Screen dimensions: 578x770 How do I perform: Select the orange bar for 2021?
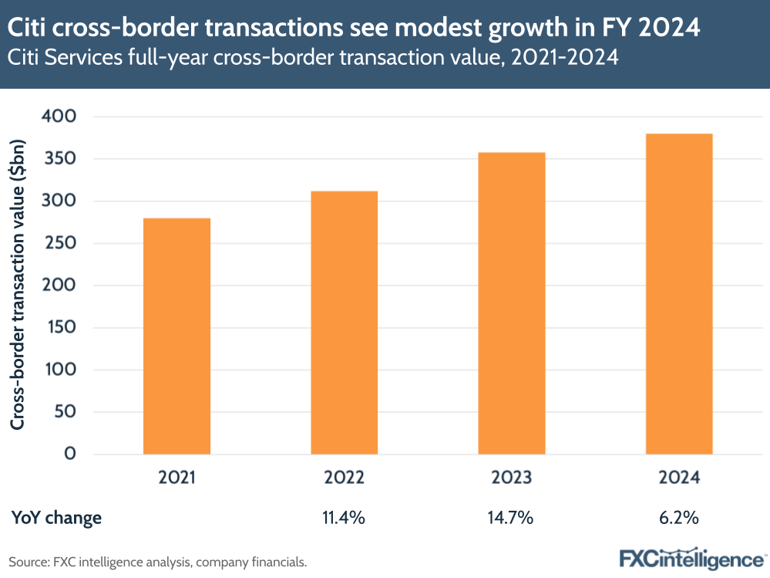coord(177,336)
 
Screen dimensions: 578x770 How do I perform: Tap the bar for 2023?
coord(512,303)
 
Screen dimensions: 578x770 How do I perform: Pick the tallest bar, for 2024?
coord(679,294)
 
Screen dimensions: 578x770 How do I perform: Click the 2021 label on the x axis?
coord(177,478)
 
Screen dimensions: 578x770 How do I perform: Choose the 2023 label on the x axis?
coord(512,478)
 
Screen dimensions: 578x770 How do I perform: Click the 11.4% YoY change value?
coord(344,518)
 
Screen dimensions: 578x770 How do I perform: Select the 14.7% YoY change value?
coord(512,518)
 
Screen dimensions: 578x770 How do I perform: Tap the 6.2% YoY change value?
coord(679,518)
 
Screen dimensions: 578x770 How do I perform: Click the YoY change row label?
coord(56,518)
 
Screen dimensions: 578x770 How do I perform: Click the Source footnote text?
coord(158,562)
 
